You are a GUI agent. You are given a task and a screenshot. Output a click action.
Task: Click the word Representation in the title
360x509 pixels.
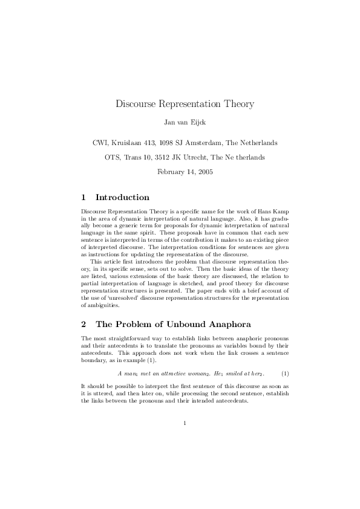[x=185, y=104]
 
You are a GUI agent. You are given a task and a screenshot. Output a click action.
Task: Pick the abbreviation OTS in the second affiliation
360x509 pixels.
[x=113, y=158]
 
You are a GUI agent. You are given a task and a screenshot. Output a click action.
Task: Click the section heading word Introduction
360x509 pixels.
[x=122, y=198]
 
